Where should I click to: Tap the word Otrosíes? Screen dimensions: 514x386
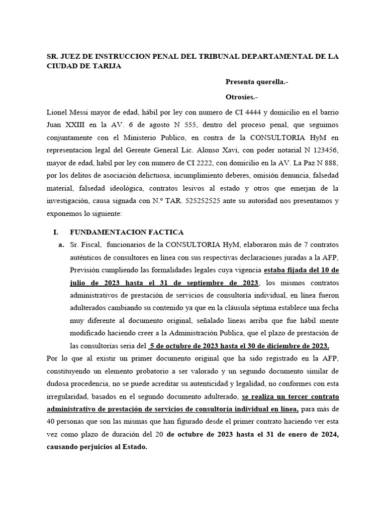pyautogui.click(x=243, y=97)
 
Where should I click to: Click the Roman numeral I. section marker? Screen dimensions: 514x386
pyautogui.click(x=56, y=232)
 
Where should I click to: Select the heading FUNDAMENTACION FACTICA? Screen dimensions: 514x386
pyautogui.click(x=127, y=232)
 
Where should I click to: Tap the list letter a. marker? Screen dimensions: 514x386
pyautogui.click(x=61, y=244)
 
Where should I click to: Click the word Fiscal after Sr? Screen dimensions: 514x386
pyautogui.click(x=91, y=244)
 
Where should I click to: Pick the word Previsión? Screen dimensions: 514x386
pyautogui.click(x=87, y=270)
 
